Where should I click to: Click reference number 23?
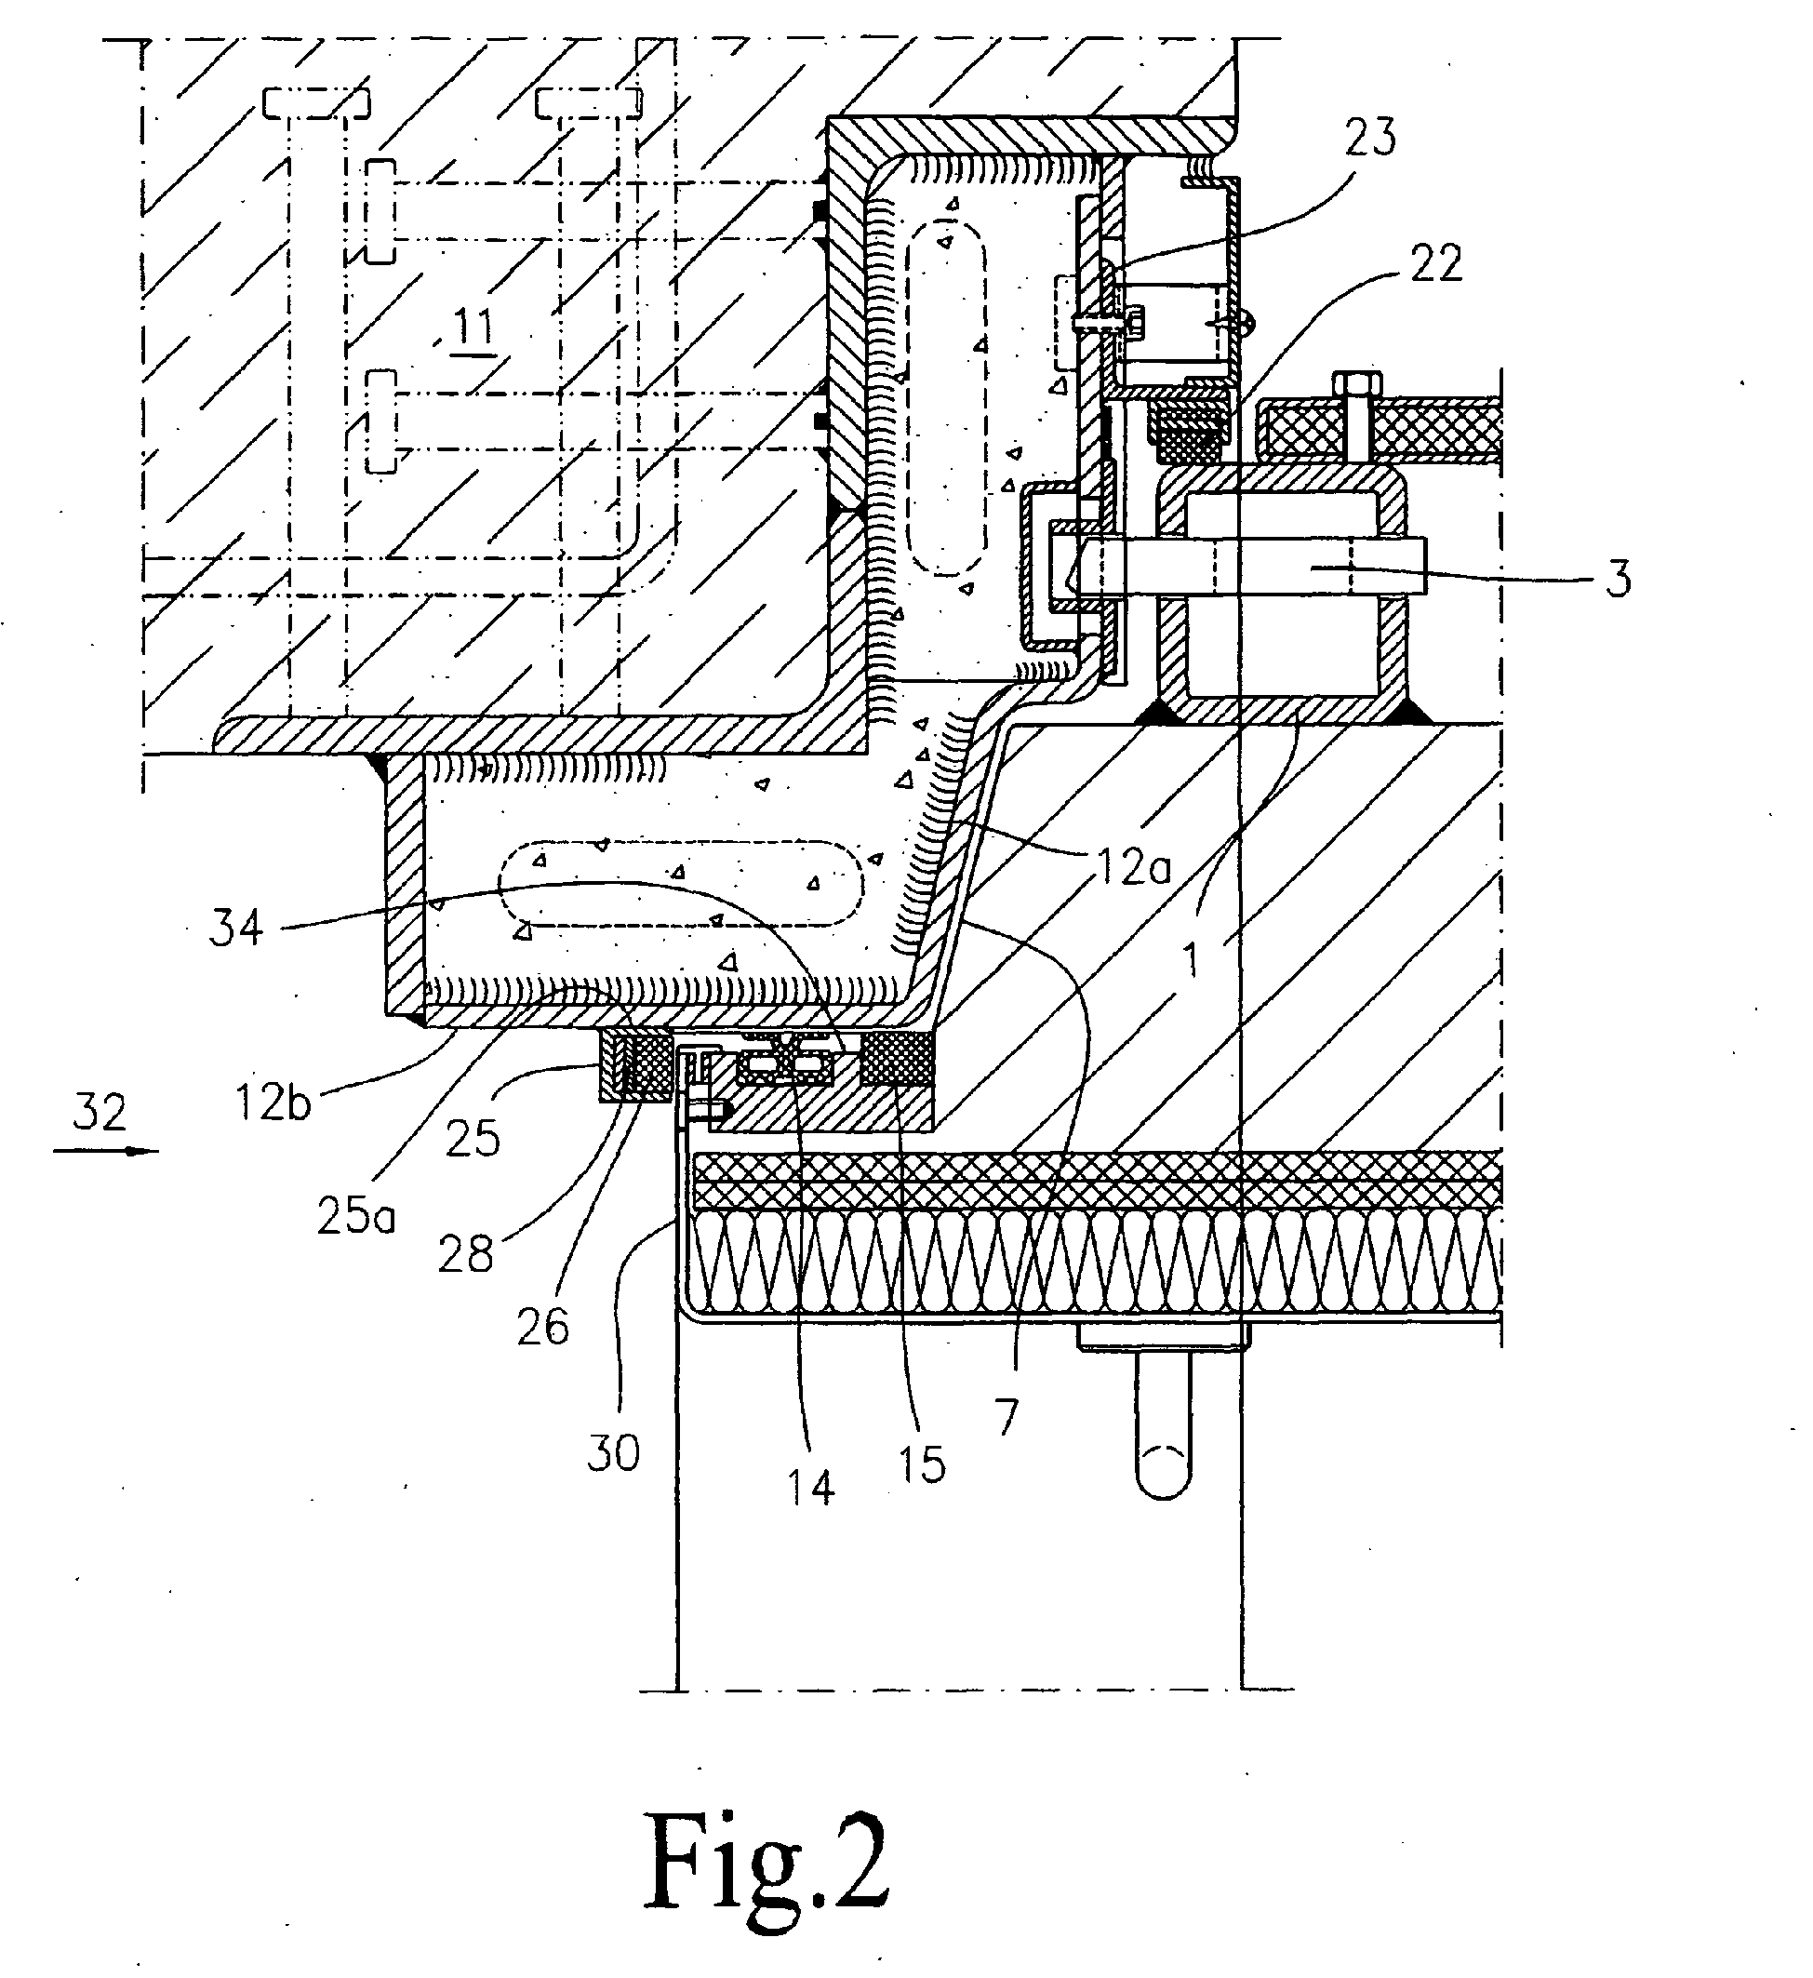tap(1369, 137)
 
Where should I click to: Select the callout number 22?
tap(1435, 263)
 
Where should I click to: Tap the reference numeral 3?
tap(1618, 579)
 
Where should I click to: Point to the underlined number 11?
tap(472, 326)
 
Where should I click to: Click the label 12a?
tap(1129, 866)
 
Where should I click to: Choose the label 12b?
tap(273, 1102)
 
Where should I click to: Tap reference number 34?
tap(236, 927)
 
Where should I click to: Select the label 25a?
tap(355, 1216)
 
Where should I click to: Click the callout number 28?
tap(465, 1253)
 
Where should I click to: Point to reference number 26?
tap(541, 1328)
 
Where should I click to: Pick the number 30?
tap(613, 1452)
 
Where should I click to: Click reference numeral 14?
tap(809, 1489)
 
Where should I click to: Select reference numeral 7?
tap(1006, 1418)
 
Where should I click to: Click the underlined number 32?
tap(100, 1113)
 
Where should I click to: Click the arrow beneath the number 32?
tap(105, 1150)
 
